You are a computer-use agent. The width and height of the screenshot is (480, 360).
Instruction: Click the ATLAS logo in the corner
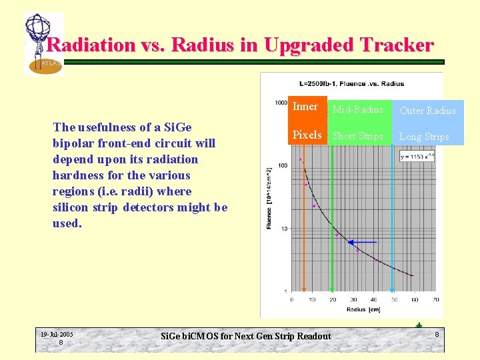(43, 44)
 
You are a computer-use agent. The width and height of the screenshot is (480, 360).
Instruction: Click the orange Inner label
(305, 107)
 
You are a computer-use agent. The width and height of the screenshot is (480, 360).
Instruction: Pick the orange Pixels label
(307, 135)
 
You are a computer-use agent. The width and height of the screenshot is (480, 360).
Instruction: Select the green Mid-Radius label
(358, 109)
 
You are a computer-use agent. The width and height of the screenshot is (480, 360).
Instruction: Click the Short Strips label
(358, 137)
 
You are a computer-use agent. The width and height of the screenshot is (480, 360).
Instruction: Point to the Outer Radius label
(427, 111)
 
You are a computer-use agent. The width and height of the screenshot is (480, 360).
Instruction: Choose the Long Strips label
(424, 137)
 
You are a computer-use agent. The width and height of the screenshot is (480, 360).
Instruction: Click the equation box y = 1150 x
(417, 155)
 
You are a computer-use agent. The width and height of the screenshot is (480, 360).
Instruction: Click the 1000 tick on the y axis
(281, 103)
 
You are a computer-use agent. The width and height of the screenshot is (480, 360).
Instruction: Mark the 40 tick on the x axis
(373, 300)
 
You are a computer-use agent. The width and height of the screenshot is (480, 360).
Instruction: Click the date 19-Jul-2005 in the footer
(57, 334)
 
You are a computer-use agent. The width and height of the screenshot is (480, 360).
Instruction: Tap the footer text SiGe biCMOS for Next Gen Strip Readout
(246, 336)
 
